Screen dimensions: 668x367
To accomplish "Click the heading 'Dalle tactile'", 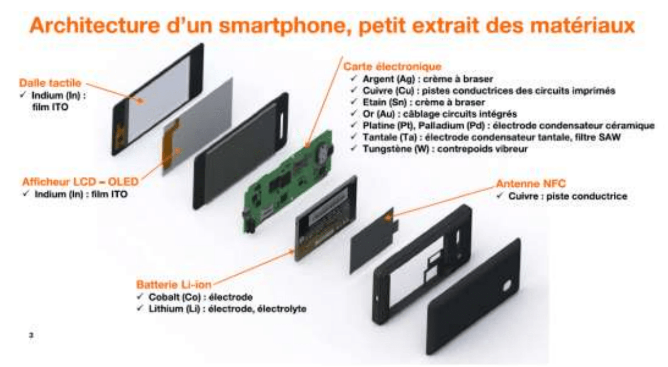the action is pyautogui.click(x=50, y=83).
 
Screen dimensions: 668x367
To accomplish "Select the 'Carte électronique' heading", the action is pyautogui.click(x=392, y=66).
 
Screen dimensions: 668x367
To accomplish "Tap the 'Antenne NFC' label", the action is pyautogui.click(x=531, y=183).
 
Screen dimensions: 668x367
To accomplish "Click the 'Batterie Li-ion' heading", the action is pyautogui.click(x=173, y=285).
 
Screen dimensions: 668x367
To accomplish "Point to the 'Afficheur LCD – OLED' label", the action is pyautogui.click(x=81, y=182).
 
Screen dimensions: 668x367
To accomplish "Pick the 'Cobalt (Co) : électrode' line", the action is pyautogui.click(x=201, y=297).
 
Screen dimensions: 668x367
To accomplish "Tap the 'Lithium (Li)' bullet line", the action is pyautogui.click(x=228, y=308).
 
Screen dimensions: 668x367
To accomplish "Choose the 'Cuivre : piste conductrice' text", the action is pyautogui.click(x=568, y=196).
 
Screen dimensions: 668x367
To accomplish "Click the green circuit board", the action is pyautogui.click(x=287, y=182).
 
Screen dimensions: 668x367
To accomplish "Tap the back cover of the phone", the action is pyautogui.click(x=474, y=297).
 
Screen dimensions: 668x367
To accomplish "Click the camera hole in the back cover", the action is pyautogui.click(x=507, y=285).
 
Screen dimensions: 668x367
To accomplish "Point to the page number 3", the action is pyautogui.click(x=31, y=335).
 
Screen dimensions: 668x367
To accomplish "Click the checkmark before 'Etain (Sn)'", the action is pyautogui.click(x=354, y=102).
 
